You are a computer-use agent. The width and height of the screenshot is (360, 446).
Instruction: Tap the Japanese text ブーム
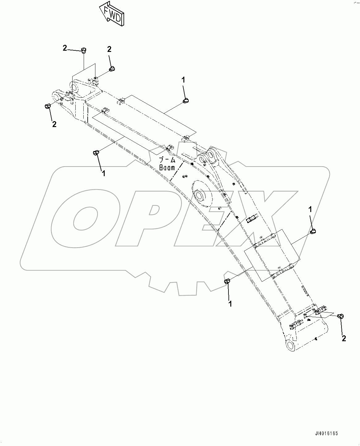[167, 160]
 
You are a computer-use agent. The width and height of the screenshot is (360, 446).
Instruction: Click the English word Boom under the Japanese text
[167, 168]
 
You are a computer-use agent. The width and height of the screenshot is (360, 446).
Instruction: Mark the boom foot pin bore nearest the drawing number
[291, 345]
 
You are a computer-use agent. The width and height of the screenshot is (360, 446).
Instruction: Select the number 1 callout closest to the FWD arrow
[183, 80]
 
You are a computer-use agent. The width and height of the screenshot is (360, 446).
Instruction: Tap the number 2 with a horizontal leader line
[65, 48]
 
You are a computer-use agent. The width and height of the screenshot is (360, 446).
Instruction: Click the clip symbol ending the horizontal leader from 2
[83, 50]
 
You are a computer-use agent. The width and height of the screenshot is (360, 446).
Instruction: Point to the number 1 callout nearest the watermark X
[310, 210]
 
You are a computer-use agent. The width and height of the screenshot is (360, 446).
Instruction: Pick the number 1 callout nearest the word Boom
[104, 173]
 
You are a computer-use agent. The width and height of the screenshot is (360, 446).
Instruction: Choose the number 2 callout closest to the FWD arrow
[109, 49]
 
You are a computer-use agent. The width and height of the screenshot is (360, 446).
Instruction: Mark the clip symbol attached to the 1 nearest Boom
[96, 152]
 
